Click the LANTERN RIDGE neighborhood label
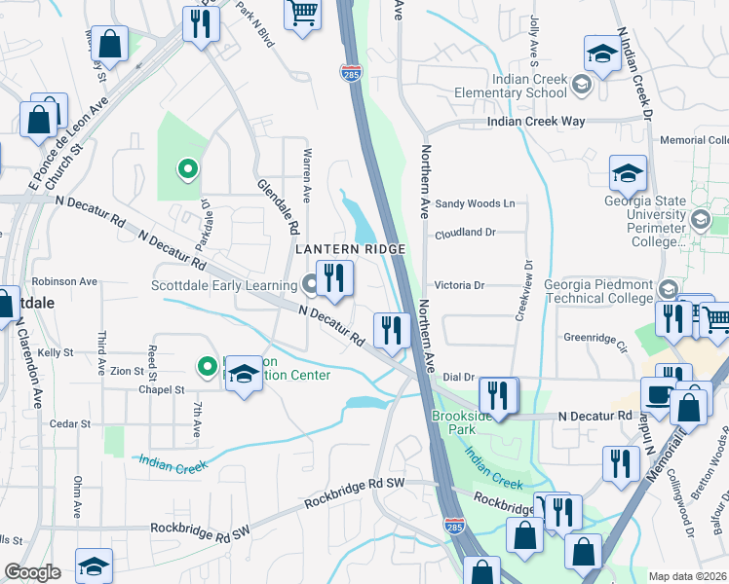[349, 250]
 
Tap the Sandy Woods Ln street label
[474, 203]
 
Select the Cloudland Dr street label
[465, 233]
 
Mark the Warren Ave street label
[307, 174]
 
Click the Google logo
[33, 572]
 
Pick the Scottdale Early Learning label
[223, 285]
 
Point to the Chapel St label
[161, 389]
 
